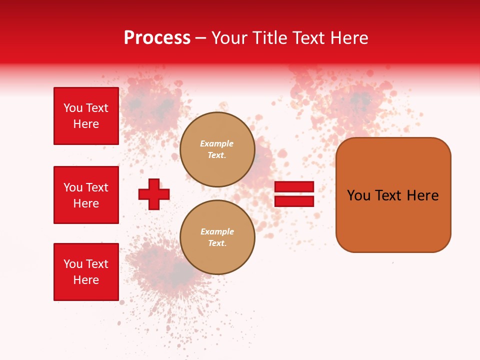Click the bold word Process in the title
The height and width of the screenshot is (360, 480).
(157, 38)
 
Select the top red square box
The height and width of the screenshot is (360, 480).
(86, 116)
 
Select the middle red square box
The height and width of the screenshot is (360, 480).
(86, 195)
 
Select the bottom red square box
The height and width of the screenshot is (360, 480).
(86, 272)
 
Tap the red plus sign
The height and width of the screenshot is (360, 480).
(154, 194)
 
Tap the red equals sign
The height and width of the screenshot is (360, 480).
(294, 194)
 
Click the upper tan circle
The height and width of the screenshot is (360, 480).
(217, 149)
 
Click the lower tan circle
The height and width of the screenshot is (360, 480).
(217, 237)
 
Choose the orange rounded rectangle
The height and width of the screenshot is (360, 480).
(393, 195)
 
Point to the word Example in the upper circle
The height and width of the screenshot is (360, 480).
(217, 144)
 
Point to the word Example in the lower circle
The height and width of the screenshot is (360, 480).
(217, 232)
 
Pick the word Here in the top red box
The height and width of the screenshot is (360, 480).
(86, 124)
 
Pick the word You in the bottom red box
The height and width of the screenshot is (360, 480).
(72, 264)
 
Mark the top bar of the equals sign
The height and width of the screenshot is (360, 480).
(294, 187)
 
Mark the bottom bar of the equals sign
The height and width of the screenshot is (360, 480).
(294, 201)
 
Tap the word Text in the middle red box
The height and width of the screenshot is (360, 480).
(97, 187)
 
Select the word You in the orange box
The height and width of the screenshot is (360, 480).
(358, 195)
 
